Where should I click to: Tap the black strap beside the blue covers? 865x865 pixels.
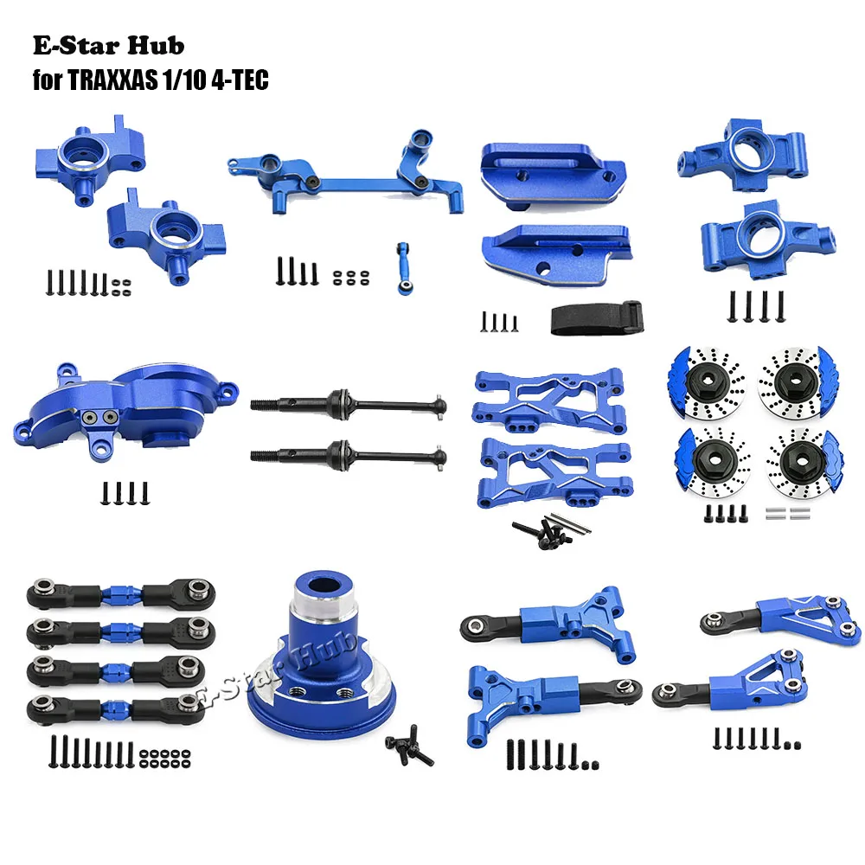[595, 318]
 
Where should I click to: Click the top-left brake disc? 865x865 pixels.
[707, 378]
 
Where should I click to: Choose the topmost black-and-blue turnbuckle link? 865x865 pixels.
[116, 596]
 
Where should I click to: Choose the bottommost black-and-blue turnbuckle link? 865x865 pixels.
[116, 707]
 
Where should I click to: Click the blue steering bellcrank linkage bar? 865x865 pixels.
[346, 182]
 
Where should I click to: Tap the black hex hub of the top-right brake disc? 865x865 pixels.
[795, 378]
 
